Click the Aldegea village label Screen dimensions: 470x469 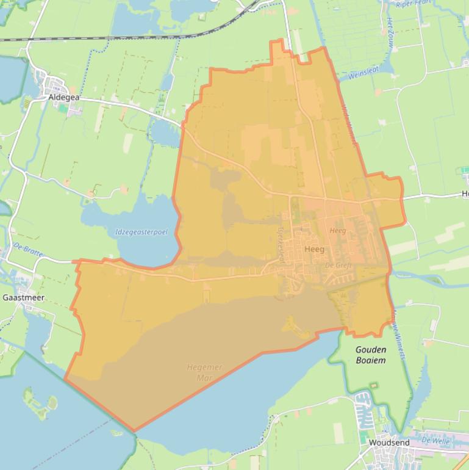(x=65, y=96)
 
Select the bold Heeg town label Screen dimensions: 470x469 (x=314, y=250)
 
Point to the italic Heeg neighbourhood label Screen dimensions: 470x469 (x=337, y=231)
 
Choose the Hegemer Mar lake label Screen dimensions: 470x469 (x=204, y=372)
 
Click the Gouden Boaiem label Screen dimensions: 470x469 (x=371, y=355)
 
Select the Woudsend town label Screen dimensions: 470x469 (x=388, y=443)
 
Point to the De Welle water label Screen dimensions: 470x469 (x=435, y=439)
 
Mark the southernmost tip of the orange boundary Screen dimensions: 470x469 (x=134, y=431)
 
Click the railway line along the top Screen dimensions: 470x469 (x=122, y=38)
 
